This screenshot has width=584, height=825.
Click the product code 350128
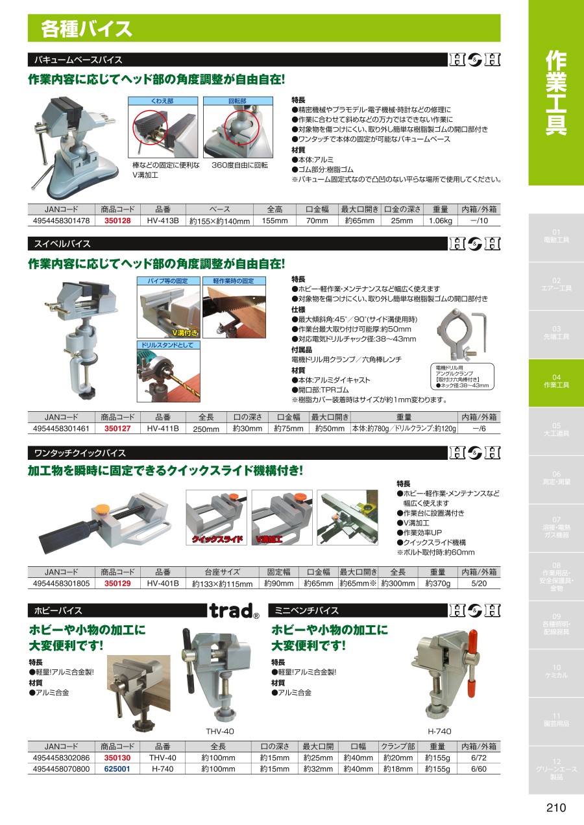pyautogui.click(x=117, y=221)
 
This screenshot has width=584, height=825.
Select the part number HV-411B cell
pyautogui.click(x=163, y=428)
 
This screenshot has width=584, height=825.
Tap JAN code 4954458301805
pyautogui.click(x=61, y=583)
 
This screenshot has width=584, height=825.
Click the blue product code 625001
pyautogui.click(x=117, y=769)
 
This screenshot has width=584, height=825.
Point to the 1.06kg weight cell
pyautogui.click(x=441, y=221)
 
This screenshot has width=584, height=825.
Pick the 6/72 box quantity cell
pyautogui.click(x=479, y=758)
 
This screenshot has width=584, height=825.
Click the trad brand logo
pyautogui.click(x=234, y=611)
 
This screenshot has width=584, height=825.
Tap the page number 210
pyautogui.click(x=556, y=807)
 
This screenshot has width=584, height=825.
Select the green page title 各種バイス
pyautogui.click(x=86, y=29)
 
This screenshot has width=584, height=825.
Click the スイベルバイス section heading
pyautogui.click(x=62, y=244)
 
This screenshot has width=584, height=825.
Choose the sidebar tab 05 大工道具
pyautogui.click(x=556, y=429)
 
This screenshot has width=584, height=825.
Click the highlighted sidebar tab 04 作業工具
pyautogui.click(x=556, y=382)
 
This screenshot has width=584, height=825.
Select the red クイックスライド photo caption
pyautogui.click(x=217, y=539)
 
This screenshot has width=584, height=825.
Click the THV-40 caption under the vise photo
pyautogui.click(x=220, y=731)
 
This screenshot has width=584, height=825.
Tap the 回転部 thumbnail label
pyautogui.click(x=237, y=101)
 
